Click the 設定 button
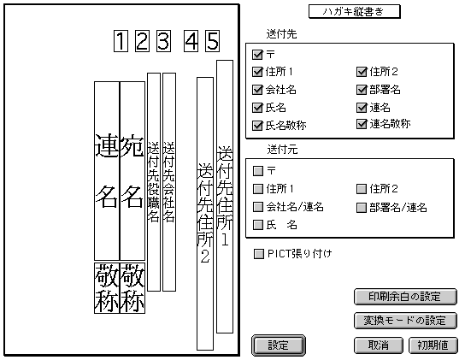coord(278,345)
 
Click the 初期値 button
coord(433,345)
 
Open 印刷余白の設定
coord(405,297)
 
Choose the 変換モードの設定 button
coord(405,321)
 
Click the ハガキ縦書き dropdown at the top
coord(355,12)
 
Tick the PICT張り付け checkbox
coord(259,254)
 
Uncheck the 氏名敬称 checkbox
coord(257,126)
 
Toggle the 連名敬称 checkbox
coord(362,124)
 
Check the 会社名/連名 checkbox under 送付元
coord(258,207)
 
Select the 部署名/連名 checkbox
coord(362,208)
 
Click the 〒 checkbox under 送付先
coord(257,55)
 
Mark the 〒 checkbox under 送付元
coord(258,171)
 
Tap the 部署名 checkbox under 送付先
coord(362,90)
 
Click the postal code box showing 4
coord(191,41)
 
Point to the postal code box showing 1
coord(121,41)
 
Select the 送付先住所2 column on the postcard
coord(205,214)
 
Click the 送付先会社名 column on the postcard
coord(169,182)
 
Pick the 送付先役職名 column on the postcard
coord(154,182)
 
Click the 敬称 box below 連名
coord(107,288)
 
